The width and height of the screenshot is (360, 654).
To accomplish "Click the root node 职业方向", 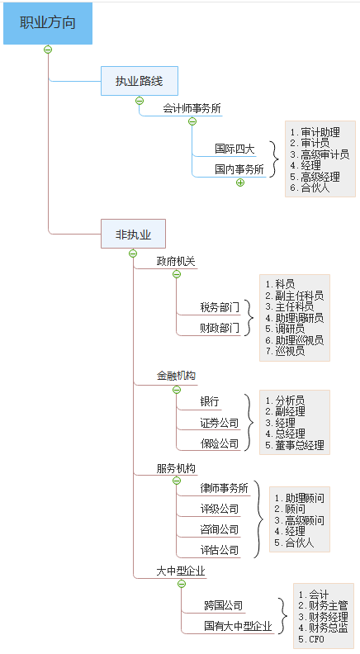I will coord(47,23).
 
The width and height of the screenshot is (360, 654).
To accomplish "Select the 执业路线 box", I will coord(139,81).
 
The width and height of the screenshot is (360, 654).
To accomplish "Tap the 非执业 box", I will coord(133,234).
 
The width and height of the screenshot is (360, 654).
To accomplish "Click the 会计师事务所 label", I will coord(192,108).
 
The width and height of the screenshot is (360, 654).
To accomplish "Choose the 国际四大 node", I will coord(234,149).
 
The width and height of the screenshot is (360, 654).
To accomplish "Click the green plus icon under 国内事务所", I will coord(240,182).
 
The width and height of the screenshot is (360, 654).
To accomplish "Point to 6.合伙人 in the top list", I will coord(310,187).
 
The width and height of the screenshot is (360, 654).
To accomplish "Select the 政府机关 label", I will coord(176,262).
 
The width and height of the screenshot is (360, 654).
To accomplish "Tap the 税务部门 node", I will coord(220,307).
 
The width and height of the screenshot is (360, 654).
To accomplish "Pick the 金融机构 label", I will coord(176,376).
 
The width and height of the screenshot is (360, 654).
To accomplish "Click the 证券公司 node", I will coord(220,423).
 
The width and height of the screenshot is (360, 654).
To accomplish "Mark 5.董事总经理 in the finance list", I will coord(295,445).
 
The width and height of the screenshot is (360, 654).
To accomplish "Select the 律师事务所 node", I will coord(224,488).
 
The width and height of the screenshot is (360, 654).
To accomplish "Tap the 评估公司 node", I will coord(220,550).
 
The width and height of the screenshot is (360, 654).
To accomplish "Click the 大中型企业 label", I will coord(181,571).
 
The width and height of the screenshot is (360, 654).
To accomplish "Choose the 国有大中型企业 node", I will coord(238,627).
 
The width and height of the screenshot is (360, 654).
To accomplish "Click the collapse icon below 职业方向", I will coord(48,50).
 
